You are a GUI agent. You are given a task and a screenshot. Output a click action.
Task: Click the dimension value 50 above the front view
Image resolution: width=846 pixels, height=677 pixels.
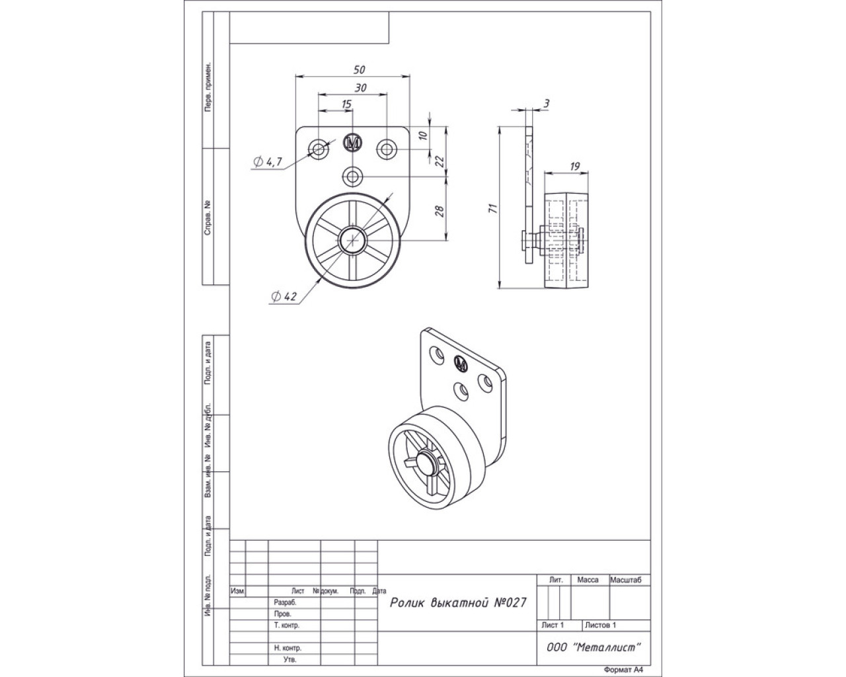[x=360, y=69]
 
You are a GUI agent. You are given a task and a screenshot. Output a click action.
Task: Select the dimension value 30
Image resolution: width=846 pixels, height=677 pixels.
[x=360, y=87]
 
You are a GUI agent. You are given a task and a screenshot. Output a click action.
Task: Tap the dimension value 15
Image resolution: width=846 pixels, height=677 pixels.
[x=346, y=104]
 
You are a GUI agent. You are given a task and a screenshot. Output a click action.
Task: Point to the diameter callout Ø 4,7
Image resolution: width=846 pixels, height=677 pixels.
[x=268, y=162]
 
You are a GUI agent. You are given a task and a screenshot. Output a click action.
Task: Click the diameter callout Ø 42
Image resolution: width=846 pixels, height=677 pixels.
[x=283, y=297]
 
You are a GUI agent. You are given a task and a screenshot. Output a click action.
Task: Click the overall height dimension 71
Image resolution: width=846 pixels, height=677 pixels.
[x=490, y=208]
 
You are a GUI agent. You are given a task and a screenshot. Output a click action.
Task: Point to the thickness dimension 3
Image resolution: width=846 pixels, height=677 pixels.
[x=546, y=103]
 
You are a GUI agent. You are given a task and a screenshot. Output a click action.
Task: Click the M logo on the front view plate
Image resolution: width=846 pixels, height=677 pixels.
[x=354, y=143]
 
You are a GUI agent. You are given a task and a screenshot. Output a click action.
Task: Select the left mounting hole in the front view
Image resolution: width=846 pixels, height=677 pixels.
[x=319, y=149]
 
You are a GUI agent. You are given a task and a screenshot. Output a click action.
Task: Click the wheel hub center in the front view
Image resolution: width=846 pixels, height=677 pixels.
[x=354, y=241]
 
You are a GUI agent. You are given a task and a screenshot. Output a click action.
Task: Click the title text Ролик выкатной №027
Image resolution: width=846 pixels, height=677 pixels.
[x=457, y=602]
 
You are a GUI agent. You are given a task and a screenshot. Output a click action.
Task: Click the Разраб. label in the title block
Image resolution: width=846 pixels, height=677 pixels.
[x=286, y=603]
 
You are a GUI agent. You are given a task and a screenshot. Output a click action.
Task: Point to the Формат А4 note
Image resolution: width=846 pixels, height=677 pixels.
[x=623, y=669]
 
